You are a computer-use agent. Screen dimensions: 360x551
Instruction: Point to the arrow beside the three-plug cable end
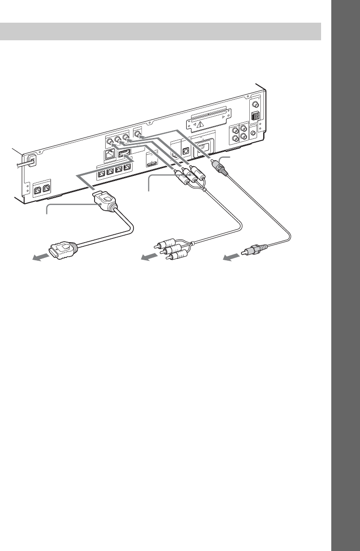[150, 257]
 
